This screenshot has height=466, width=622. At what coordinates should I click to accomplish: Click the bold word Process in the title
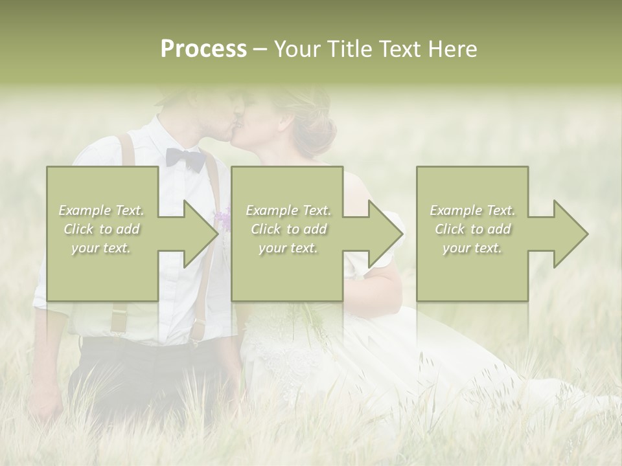(203, 49)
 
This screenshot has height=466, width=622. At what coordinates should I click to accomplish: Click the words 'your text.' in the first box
(101, 248)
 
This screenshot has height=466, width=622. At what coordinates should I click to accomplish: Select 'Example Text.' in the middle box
(288, 210)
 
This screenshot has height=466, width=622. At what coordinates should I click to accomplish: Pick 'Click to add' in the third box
(472, 229)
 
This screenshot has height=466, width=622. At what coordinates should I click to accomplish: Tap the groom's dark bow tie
(185, 158)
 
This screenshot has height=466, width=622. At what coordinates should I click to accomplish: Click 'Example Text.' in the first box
(101, 210)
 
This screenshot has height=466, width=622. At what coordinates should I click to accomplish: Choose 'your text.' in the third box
(472, 248)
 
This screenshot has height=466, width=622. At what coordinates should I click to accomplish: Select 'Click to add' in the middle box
(288, 229)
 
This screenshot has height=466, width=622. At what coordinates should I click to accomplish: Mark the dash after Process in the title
(260, 50)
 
